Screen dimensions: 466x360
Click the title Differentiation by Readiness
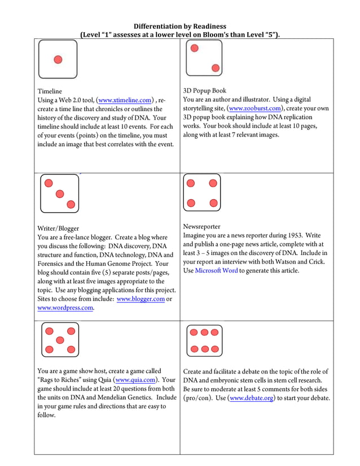tap(180, 27)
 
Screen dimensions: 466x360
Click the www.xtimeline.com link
tap(125, 100)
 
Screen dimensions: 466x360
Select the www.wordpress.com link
tap(65, 308)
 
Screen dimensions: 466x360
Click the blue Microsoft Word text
tap(216, 271)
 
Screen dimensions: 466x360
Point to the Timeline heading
tap(50, 91)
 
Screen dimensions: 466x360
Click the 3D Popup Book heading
tap(204, 90)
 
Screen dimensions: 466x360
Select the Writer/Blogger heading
tap(58, 228)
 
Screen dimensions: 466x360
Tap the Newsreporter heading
tap(202, 226)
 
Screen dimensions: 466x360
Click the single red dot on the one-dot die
tap(58, 59)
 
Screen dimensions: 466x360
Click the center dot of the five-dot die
tap(60, 340)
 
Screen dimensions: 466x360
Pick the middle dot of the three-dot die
tap(60, 194)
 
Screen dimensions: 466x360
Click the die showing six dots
tap(204, 340)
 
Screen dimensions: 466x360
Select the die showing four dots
tap(202, 193)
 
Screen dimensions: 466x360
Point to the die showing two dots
tap(204, 58)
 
